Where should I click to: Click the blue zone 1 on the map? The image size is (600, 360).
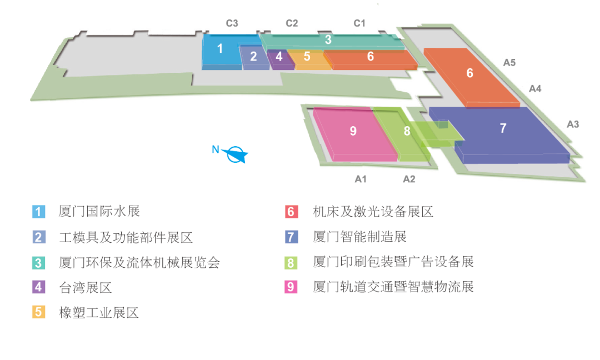coord(221,49)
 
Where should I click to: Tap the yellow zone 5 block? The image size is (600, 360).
coord(307,57)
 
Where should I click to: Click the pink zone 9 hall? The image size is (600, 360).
coord(353,132)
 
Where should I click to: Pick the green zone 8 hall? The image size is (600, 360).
coord(407,132)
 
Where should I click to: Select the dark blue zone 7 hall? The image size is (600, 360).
coord(503,129)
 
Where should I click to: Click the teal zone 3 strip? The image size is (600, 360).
coord(328,40)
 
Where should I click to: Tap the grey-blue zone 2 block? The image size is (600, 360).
coord(254,57)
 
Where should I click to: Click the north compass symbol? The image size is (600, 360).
coord(238,154)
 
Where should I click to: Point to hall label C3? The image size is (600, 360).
coord(232,23)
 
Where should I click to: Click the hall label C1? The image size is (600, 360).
coord(360,23)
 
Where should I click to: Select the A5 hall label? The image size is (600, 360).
coord(509,63)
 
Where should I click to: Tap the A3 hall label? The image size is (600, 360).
coord(573,124)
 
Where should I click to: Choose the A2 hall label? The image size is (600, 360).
coord(409,179)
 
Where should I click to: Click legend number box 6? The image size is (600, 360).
coord(292,212)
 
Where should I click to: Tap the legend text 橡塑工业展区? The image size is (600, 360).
coord(99,313)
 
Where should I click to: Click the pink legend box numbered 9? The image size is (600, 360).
coord(292,287)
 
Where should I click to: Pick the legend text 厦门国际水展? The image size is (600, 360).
coord(99,211)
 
